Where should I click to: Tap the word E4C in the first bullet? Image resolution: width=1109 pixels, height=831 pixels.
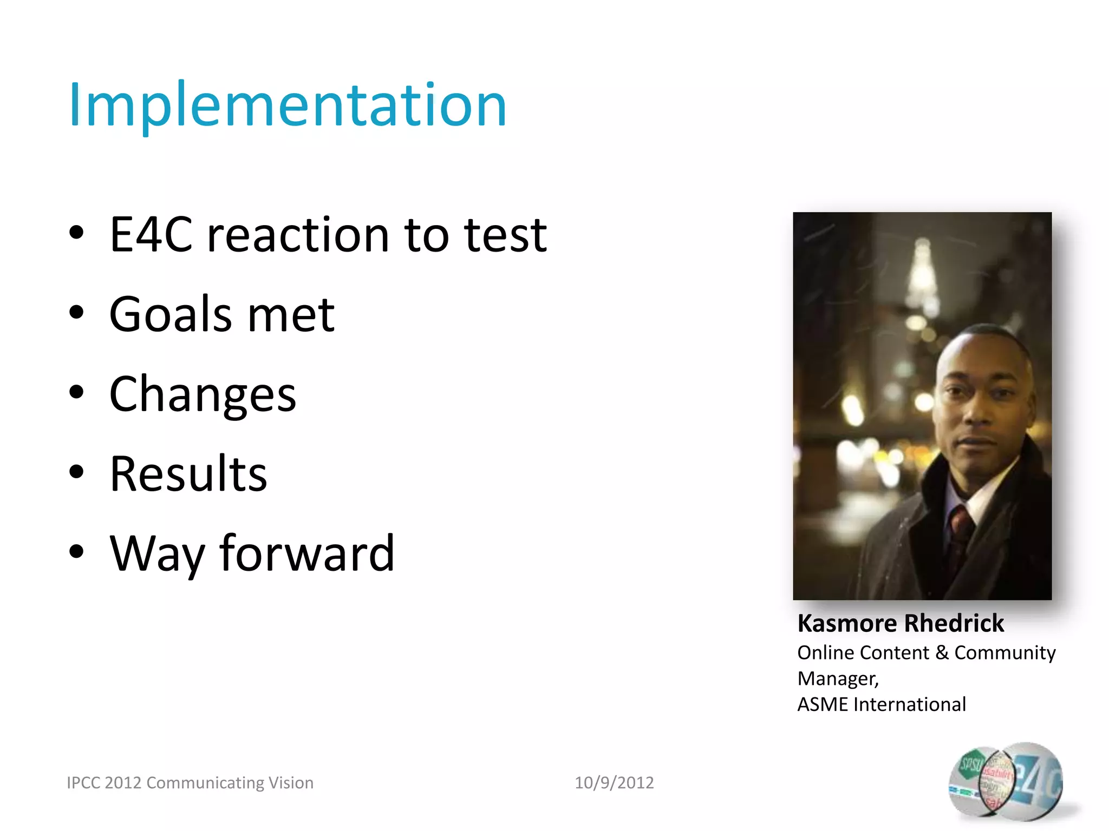click(x=151, y=235)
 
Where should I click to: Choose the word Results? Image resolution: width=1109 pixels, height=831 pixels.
click(x=188, y=474)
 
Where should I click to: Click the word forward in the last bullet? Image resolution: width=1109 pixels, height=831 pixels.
click(x=307, y=553)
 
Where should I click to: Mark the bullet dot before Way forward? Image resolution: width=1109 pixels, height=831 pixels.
click(x=77, y=551)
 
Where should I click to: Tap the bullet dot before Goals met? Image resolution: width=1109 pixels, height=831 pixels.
click(x=77, y=312)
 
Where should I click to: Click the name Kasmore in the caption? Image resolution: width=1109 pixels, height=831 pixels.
click(x=846, y=624)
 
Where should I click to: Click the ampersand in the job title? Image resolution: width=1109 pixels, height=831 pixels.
click(x=942, y=652)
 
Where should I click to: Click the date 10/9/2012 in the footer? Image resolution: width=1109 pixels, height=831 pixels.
click(x=614, y=782)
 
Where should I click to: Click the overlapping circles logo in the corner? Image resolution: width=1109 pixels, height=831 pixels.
click(x=1006, y=780)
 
